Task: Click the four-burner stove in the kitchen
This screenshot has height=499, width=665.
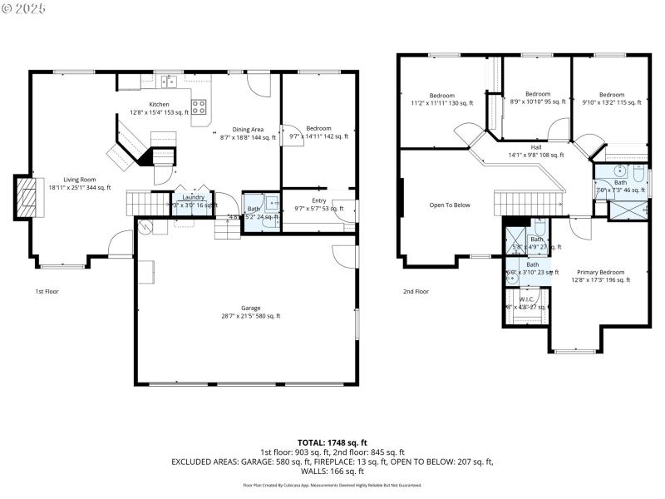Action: click(199, 106)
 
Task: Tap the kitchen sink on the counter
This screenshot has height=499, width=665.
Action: click(170, 82)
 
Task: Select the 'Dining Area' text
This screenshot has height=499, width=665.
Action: click(248, 129)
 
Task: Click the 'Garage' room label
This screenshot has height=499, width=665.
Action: click(251, 308)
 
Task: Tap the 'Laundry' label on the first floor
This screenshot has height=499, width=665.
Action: click(193, 197)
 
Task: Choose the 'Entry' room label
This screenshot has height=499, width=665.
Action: click(319, 200)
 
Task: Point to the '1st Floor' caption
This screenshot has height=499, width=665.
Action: click(47, 292)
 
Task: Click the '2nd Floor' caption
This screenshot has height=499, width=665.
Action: click(416, 292)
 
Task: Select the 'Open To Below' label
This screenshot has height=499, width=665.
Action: click(450, 205)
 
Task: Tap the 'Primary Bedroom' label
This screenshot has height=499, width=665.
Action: click(600, 272)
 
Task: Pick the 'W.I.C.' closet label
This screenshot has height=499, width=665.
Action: click(526, 299)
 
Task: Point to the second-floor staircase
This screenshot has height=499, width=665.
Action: click(529, 202)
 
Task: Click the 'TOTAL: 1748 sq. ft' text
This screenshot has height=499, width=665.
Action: click(332, 442)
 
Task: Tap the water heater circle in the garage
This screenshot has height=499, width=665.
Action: click(147, 225)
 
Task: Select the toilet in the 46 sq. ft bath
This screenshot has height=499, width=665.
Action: click(638, 175)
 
